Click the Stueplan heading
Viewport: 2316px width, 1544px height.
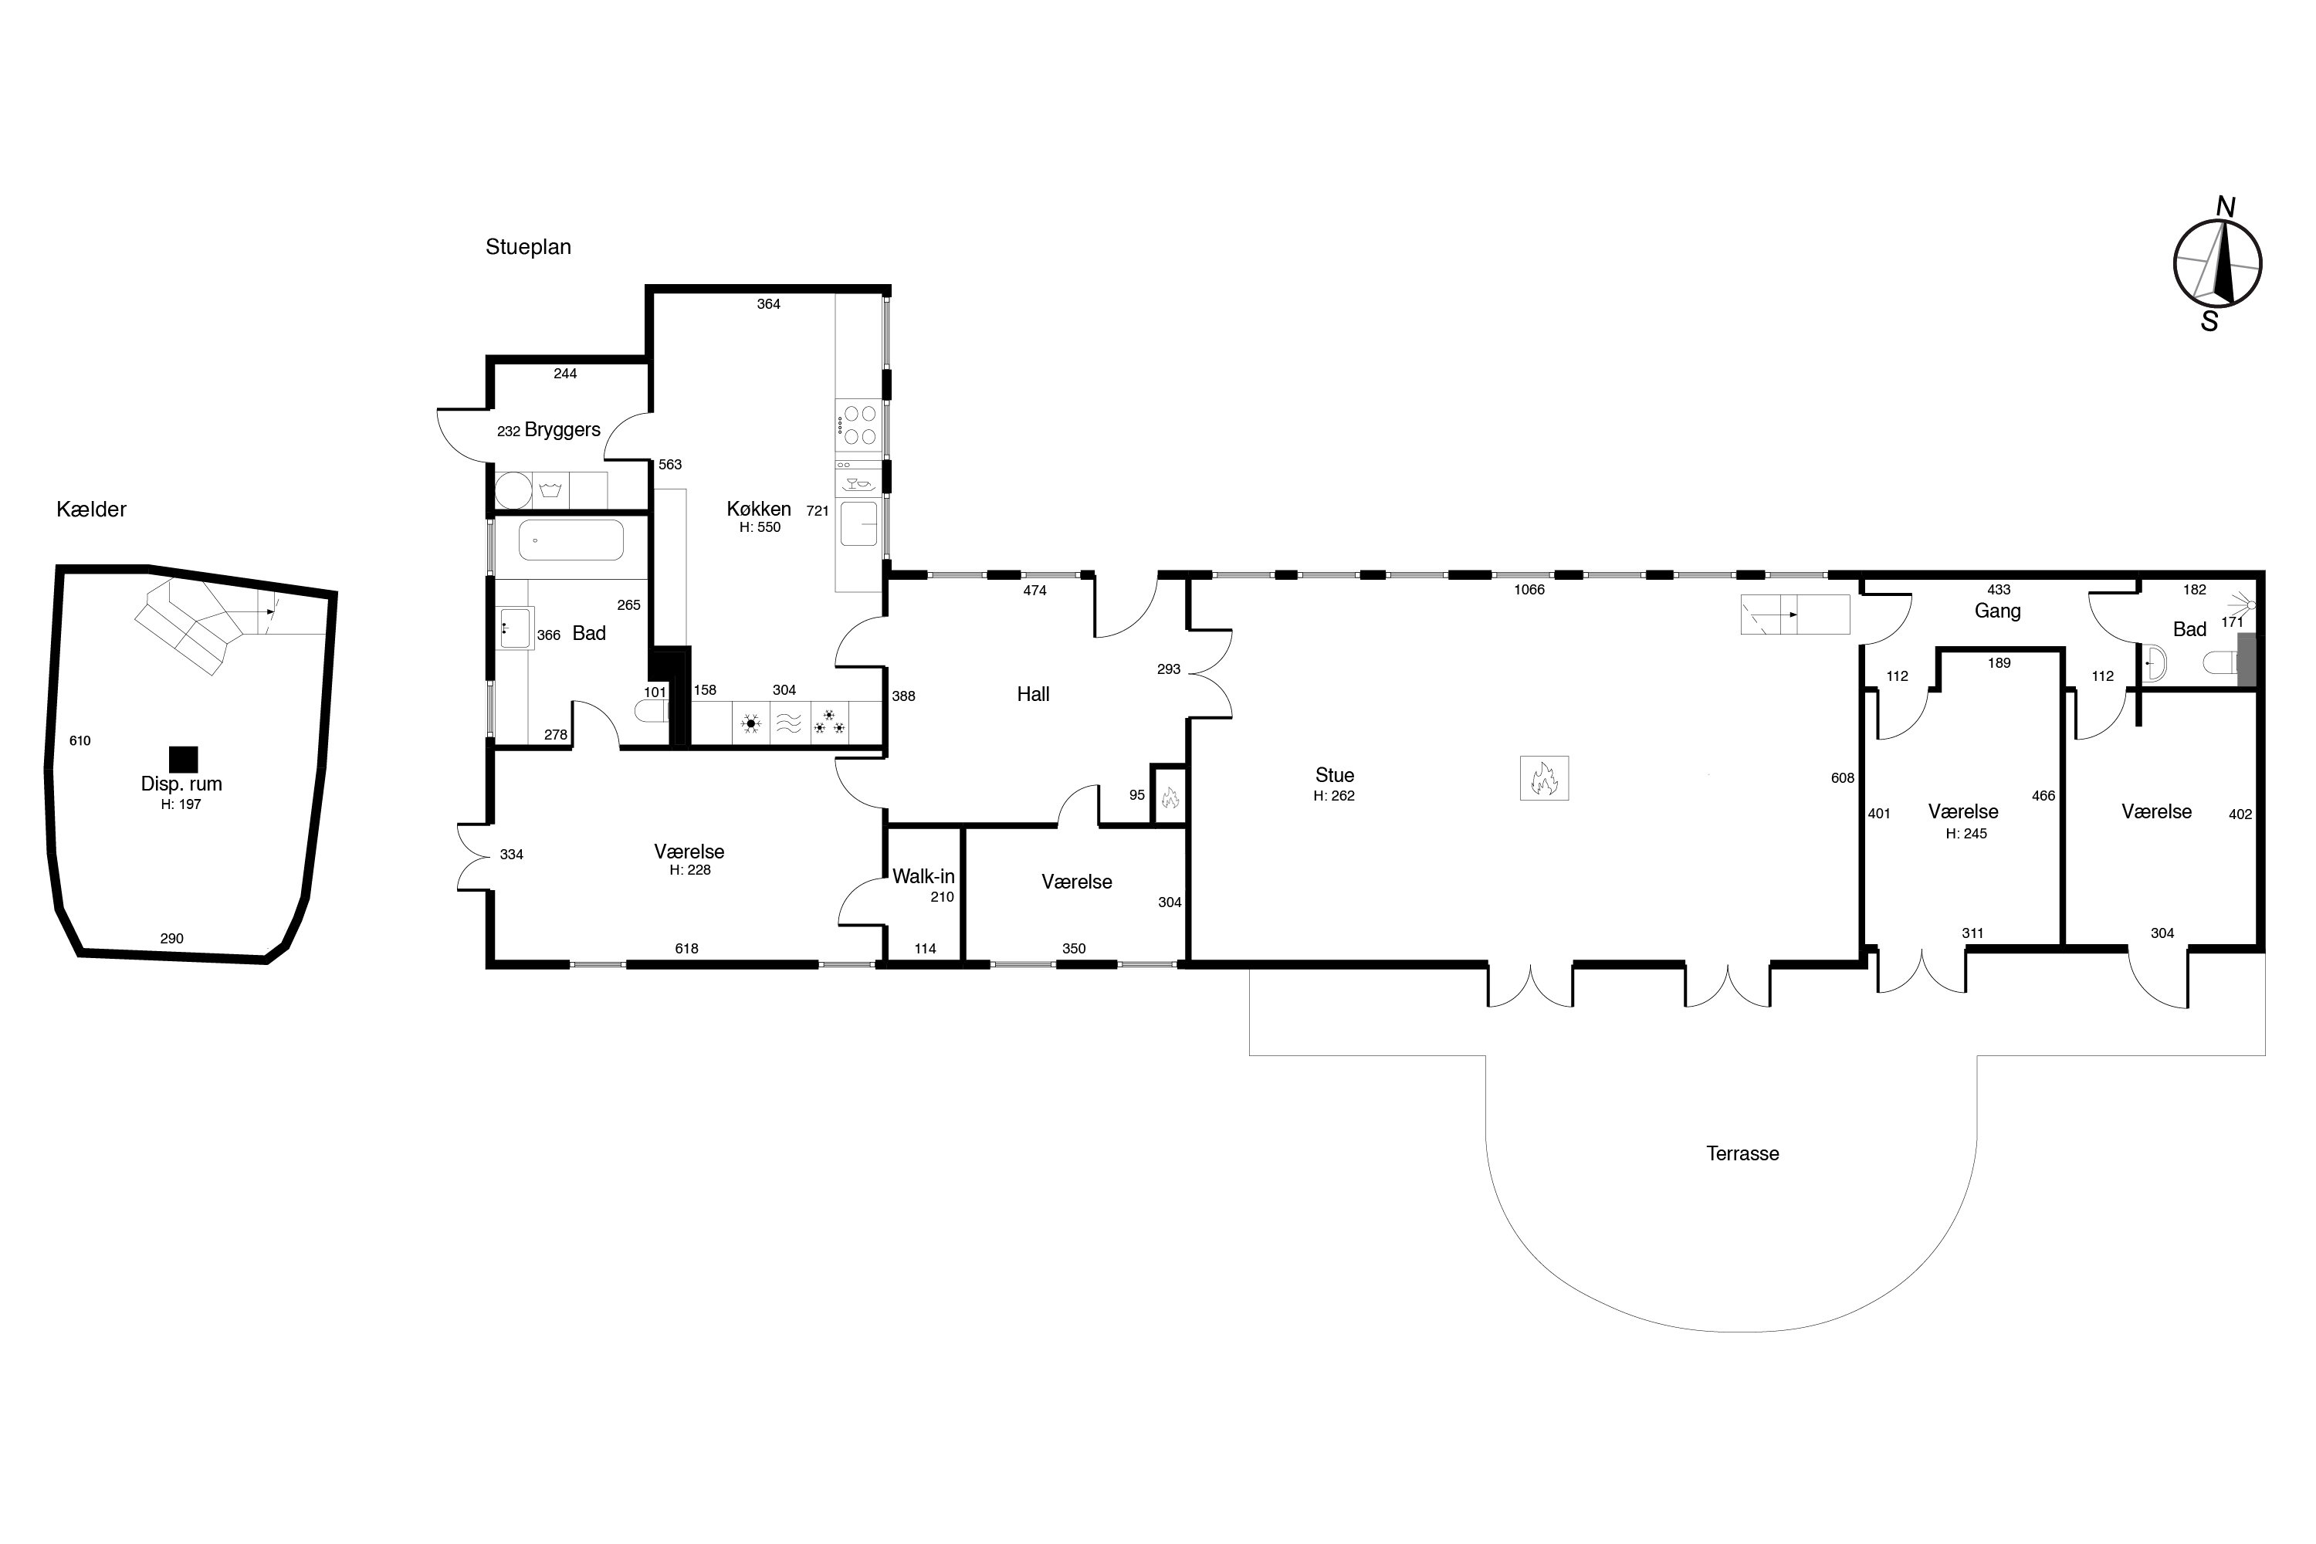(528, 247)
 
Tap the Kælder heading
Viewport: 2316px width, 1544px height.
(92, 509)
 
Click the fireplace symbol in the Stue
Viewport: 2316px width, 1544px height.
(1544, 778)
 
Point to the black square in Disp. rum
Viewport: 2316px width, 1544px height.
(183, 759)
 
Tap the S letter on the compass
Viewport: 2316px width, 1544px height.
(2209, 321)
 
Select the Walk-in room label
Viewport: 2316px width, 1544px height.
(923, 876)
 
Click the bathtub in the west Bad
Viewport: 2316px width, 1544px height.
(571, 540)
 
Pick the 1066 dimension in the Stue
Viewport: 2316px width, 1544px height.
(1529, 590)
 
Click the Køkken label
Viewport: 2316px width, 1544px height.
(759, 509)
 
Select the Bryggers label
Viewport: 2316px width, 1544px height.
(562, 430)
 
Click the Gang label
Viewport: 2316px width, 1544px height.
(1998, 611)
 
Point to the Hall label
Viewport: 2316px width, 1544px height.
(1033, 694)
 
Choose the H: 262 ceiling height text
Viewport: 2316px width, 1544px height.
(1334, 796)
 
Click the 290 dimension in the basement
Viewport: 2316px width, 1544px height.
(171, 939)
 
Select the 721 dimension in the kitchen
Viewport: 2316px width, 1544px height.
(818, 511)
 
